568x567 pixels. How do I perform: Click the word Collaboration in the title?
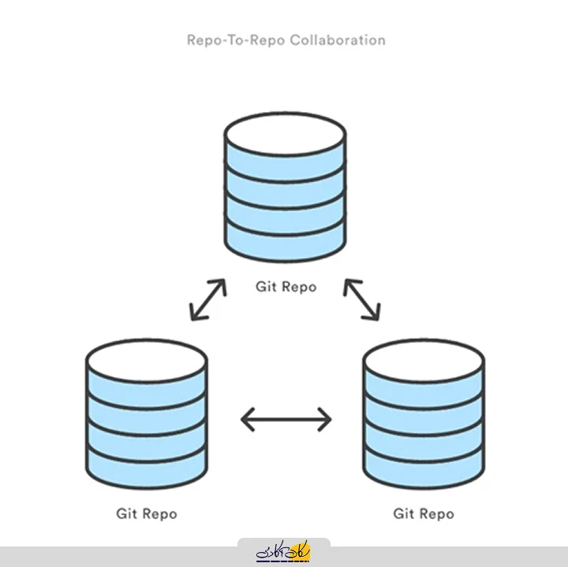click(338, 39)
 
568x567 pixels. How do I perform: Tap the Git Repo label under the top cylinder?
click(286, 286)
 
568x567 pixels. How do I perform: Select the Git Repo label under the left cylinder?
click(147, 513)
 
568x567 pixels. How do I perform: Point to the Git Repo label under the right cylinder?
click(424, 513)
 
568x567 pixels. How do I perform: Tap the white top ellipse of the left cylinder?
click(147, 360)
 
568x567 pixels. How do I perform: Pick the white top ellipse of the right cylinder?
click(424, 360)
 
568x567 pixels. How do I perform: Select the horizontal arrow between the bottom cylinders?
click(286, 419)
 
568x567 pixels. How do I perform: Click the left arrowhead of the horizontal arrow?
click(245, 419)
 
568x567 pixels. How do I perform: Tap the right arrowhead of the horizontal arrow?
click(327, 419)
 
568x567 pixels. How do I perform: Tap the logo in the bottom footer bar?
click(284, 553)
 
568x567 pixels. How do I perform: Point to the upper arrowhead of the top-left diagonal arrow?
click(222, 284)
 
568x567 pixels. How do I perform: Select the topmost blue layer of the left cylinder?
click(147, 390)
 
